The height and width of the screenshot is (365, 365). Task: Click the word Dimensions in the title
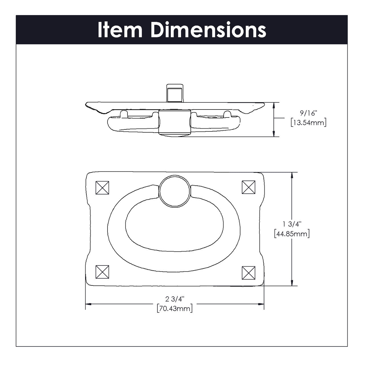pos(208,30)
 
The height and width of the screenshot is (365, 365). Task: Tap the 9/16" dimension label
pos(308,113)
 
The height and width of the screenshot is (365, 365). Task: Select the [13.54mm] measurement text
pos(308,123)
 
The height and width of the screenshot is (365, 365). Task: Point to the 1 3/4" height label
pos(291,224)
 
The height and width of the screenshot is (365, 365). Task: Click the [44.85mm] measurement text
pos(291,234)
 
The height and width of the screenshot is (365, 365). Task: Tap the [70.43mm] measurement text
pos(175,308)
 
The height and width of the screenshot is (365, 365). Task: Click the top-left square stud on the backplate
pos(102,188)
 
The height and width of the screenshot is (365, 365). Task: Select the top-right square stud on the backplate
pos(248,187)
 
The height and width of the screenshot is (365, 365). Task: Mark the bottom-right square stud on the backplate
pos(248,273)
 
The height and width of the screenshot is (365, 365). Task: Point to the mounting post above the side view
pos(174,93)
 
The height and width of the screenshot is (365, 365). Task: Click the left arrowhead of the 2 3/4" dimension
pos(88,304)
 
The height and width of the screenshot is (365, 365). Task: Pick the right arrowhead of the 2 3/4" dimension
pos(261,304)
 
